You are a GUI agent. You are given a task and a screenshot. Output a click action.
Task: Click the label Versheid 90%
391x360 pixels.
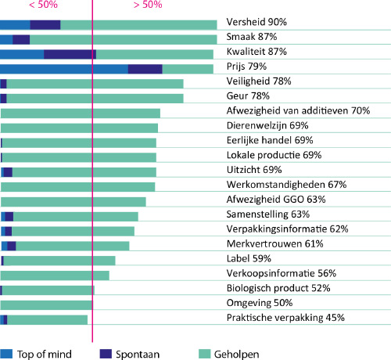256,22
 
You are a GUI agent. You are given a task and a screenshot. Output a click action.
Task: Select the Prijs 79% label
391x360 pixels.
246,67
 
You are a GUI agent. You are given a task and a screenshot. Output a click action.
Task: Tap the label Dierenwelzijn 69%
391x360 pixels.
267,125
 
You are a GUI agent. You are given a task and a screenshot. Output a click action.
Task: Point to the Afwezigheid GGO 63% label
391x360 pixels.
276,200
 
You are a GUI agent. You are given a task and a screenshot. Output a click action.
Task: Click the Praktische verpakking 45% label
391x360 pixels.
285,318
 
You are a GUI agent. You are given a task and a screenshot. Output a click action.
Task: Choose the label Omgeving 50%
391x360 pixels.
260,303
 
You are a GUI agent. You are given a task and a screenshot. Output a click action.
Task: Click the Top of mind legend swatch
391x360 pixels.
6,354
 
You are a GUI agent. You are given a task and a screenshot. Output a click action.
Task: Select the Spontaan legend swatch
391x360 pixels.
106,354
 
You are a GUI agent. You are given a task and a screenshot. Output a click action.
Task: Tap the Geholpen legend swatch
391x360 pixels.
204,354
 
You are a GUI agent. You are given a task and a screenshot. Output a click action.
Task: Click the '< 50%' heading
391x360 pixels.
43,5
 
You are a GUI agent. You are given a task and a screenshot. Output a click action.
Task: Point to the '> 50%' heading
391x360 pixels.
148,5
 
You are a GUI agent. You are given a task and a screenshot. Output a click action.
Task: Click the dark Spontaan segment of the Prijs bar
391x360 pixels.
145,69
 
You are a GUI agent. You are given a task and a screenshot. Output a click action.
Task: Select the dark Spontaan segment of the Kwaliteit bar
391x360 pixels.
70,55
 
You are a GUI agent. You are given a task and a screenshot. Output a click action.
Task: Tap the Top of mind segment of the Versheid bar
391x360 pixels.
15,25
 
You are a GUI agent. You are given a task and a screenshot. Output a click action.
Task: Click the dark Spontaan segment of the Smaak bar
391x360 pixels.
21,40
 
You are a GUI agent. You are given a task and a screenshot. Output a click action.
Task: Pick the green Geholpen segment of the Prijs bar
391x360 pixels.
188,69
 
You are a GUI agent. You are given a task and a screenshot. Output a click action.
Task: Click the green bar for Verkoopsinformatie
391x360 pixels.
55,275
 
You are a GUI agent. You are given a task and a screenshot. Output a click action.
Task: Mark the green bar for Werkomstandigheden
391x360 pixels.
77,187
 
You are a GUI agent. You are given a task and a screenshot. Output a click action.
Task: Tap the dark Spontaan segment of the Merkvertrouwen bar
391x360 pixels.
12,246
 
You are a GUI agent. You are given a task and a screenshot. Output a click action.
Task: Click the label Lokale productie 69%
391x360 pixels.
274,155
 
